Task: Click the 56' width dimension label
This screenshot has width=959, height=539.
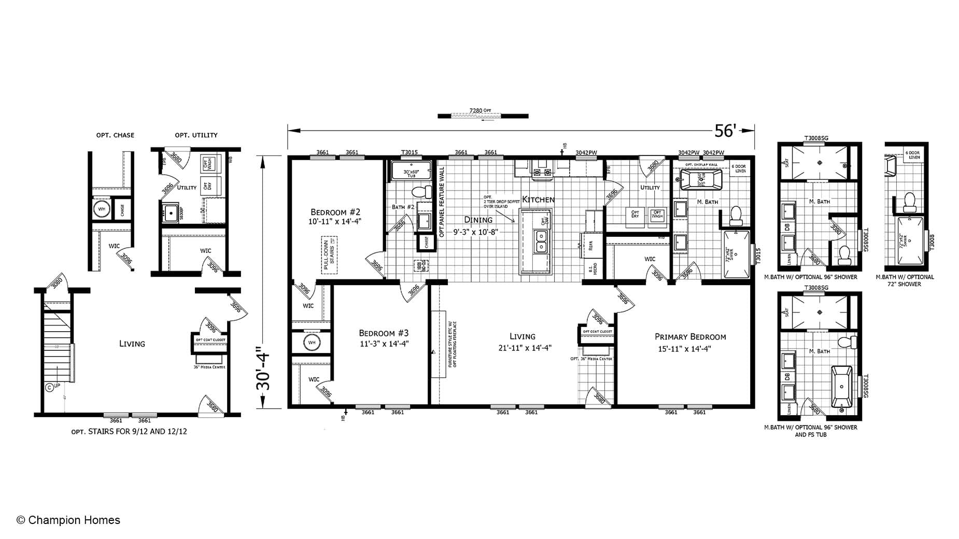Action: [x=725, y=131]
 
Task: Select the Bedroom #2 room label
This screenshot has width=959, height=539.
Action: [x=335, y=216]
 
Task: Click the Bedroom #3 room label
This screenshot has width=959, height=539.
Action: [x=384, y=337]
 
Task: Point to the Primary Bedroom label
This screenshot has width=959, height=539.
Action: [x=690, y=342]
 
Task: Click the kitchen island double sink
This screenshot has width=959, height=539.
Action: [x=542, y=242]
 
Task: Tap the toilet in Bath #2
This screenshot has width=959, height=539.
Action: [x=422, y=192]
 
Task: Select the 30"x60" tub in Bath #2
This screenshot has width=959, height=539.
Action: [x=411, y=170]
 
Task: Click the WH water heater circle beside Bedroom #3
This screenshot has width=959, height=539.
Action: [x=312, y=343]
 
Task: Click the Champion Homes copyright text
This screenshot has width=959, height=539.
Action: [x=68, y=520]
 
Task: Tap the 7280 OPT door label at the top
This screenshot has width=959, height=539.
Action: [x=480, y=110]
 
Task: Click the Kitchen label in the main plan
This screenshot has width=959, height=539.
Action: [x=538, y=199]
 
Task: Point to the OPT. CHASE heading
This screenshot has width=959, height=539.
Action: [x=115, y=135]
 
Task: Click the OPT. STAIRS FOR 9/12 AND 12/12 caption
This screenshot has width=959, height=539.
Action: [x=129, y=431]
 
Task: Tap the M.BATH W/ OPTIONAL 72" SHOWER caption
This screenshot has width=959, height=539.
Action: [x=905, y=280]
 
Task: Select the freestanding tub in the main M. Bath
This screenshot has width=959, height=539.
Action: [x=700, y=181]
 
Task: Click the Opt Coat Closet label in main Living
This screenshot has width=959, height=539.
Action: [x=597, y=331]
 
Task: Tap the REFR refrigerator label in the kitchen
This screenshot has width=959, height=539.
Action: [x=591, y=246]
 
